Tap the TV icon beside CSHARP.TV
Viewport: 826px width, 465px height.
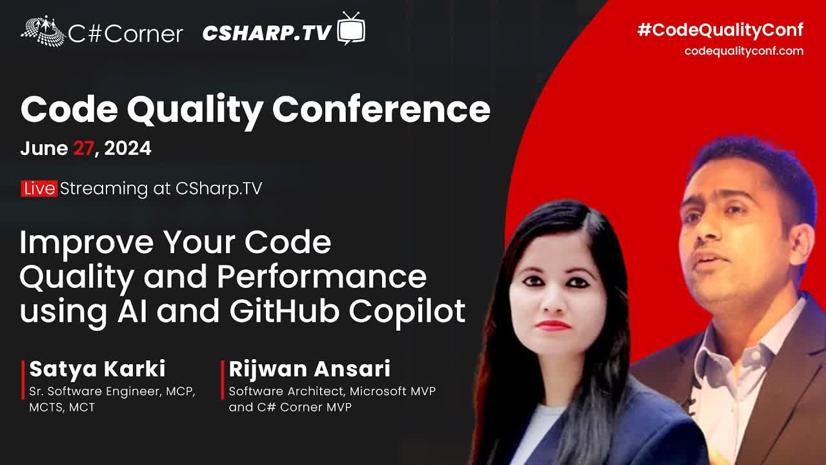coord(351,28)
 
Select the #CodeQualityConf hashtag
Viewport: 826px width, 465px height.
coord(720,30)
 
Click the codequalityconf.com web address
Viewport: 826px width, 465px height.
coord(744,51)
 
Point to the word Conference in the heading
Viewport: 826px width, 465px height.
coord(381,109)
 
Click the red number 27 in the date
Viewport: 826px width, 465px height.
coord(83,149)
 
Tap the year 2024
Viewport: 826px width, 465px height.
coord(128,149)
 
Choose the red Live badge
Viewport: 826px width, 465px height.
coord(39,189)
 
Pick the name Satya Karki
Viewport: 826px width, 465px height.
coord(97,369)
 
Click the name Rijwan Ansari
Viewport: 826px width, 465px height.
coord(309,369)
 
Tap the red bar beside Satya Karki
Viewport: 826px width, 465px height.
coord(23,380)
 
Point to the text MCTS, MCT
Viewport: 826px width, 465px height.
coord(62,407)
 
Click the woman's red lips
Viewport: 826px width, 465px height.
coord(552,325)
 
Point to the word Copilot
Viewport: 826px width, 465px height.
coord(407,312)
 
